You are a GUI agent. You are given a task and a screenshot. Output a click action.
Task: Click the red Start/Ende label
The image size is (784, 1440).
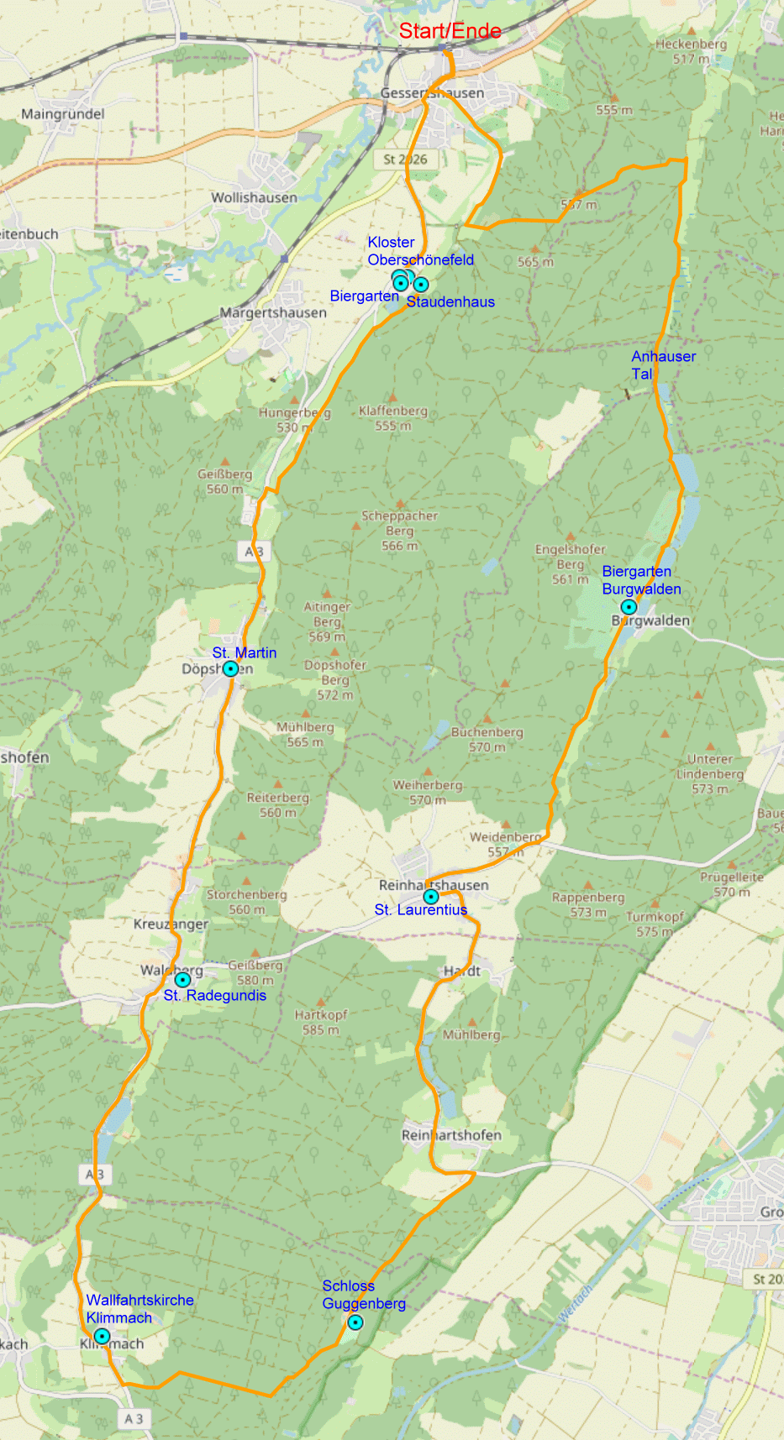[450, 31]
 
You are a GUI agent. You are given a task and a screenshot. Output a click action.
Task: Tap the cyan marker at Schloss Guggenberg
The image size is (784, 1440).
[355, 1322]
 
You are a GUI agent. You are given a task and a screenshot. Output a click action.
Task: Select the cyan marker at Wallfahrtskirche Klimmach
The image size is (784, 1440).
[102, 1336]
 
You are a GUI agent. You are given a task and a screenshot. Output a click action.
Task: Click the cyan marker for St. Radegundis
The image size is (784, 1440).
[182, 980]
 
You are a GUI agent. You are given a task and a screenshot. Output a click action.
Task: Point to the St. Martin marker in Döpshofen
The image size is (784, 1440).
[230, 669]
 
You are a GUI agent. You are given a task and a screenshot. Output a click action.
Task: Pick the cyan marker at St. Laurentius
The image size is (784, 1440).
[431, 897]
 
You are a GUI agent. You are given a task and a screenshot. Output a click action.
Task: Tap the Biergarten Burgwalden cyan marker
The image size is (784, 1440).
[629, 607]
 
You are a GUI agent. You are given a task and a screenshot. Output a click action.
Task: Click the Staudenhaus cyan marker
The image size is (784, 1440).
[421, 285]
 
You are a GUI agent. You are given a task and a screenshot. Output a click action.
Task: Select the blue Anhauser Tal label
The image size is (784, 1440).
[663, 364]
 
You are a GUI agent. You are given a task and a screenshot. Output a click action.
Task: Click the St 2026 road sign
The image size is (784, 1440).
[405, 159]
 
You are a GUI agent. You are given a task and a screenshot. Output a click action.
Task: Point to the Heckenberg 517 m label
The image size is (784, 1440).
[691, 51]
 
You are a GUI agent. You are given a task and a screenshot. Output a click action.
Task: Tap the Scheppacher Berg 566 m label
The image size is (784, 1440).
[399, 531]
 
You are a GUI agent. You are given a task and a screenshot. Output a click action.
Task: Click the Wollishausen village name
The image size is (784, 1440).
[254, 197]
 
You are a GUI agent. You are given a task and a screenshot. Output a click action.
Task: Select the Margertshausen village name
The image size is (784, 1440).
[273, 312]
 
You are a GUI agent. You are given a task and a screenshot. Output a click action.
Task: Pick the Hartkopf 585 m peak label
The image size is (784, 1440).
[320, 1022]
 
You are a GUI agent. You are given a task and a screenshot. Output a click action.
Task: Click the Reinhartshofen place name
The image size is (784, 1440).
[451, 1135]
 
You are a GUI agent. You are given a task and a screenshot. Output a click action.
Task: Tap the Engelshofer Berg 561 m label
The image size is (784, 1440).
[570, 564]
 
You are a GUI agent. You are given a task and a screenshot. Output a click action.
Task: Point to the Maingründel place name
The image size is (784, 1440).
[63, 114]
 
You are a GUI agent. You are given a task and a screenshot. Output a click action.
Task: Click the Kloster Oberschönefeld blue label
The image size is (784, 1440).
[420, 251]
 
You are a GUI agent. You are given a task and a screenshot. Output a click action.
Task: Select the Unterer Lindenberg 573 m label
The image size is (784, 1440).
[710, 773]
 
